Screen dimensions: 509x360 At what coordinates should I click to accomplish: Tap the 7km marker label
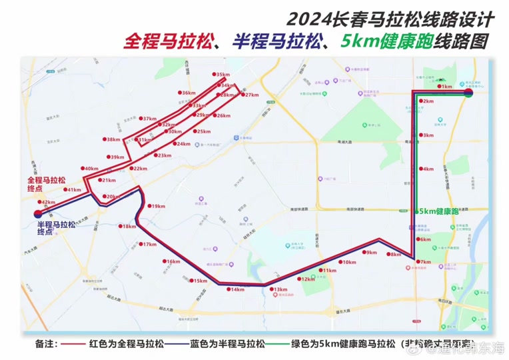(426, 262)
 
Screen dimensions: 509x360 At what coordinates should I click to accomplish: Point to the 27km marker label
(251, 95)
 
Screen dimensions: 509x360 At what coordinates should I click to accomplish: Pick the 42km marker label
(47, 202)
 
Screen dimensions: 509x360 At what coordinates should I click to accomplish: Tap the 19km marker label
(159, 207)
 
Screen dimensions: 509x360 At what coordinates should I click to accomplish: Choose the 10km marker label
(348, 262)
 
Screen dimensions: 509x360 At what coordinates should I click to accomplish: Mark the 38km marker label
(113, 139)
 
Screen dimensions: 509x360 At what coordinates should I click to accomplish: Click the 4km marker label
(427, 169)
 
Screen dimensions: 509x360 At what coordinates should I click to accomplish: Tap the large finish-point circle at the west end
(36, 214)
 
